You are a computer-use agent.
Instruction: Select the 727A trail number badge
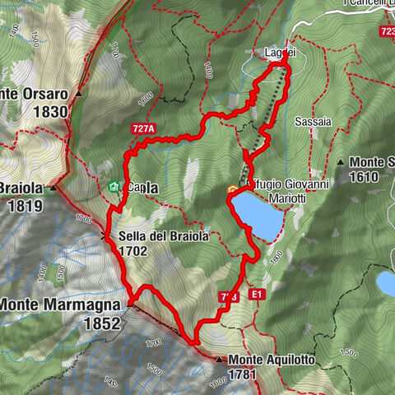[x=143, y=129]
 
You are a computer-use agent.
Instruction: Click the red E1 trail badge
[x=258, y=293]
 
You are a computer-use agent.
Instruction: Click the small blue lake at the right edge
[x=385, y=283]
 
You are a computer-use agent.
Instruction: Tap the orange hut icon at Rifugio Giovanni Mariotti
[x=233, y=191]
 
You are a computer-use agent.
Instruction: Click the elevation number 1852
[x=103, y=324]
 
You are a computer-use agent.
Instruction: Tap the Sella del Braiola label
[x=163, y=236]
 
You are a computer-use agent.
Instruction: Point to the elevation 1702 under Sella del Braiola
[x=134, y=251]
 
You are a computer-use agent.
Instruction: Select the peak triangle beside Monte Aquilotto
[x=219, y=360]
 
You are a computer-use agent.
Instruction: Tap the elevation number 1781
[x=244, y=375]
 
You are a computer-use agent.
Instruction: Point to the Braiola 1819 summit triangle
[x=54, y=188]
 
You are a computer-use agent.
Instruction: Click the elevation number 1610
[x=363, y=177]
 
